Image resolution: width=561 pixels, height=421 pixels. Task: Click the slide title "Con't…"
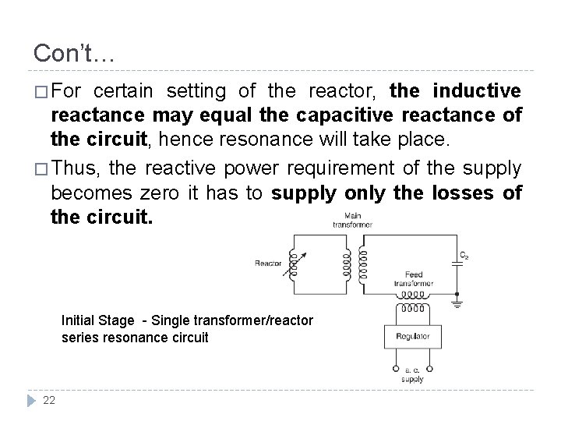click(74, 53)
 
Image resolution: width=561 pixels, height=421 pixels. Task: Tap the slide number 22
click(48, 401)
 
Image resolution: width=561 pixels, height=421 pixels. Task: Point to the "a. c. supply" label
click(413, 373)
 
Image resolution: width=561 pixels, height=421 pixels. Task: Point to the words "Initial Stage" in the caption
click(93, 320)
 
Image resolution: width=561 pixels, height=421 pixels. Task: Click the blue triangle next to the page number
click(30, 402)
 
